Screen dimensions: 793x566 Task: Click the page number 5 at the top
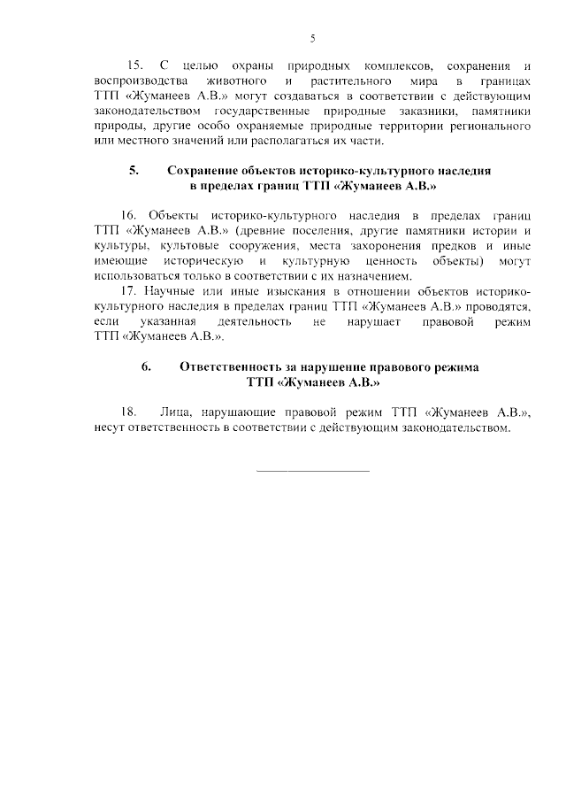tap(312, 37)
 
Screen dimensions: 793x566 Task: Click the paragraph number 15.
tap(136, 66)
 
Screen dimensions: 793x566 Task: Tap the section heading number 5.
tap(134, 169)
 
